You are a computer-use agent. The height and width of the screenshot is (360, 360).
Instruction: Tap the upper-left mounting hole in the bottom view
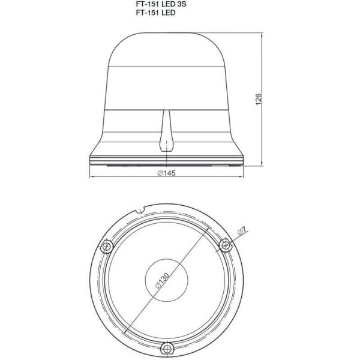click(x=107, y=245)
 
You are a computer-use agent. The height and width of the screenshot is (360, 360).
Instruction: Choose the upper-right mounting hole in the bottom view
click(x=226, y=244)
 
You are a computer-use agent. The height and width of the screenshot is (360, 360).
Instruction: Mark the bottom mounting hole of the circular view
click(x=168, y=346)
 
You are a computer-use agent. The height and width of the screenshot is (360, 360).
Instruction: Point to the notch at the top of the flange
click(x=140, y=211)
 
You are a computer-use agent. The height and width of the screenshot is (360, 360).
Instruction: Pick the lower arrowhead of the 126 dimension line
click(x=265, y=163)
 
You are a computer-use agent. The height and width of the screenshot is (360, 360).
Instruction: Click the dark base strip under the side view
click(x=167, y=163)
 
